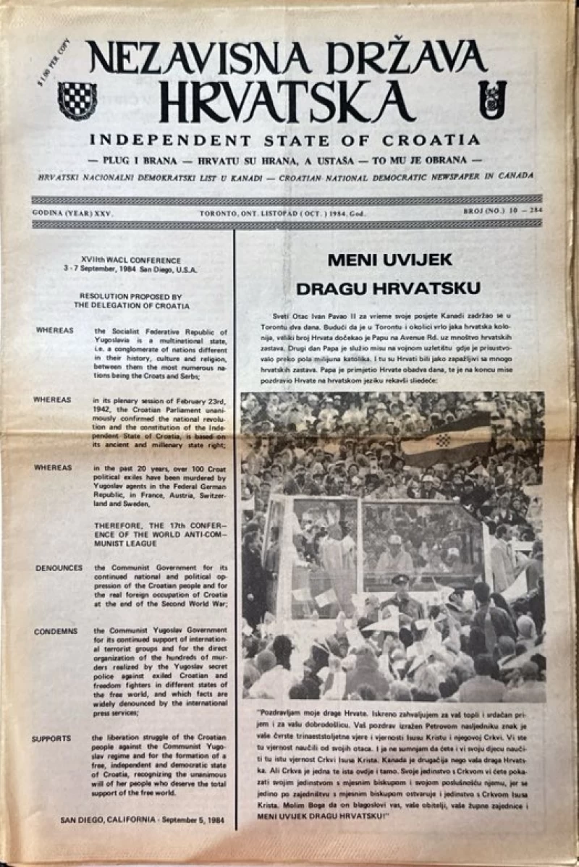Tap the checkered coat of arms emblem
(x=77, y=100)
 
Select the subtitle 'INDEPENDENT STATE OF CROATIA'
(x=284, y=139)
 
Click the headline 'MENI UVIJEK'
(x=389, y=259)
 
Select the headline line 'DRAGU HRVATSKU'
(x=389, y=288)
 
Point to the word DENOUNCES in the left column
(x=59, y=567)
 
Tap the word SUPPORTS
(x=51, y=738)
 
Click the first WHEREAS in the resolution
(x=53, y=330)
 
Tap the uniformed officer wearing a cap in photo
(x=400, y=598)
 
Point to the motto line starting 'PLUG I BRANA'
(x=284, y=158)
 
